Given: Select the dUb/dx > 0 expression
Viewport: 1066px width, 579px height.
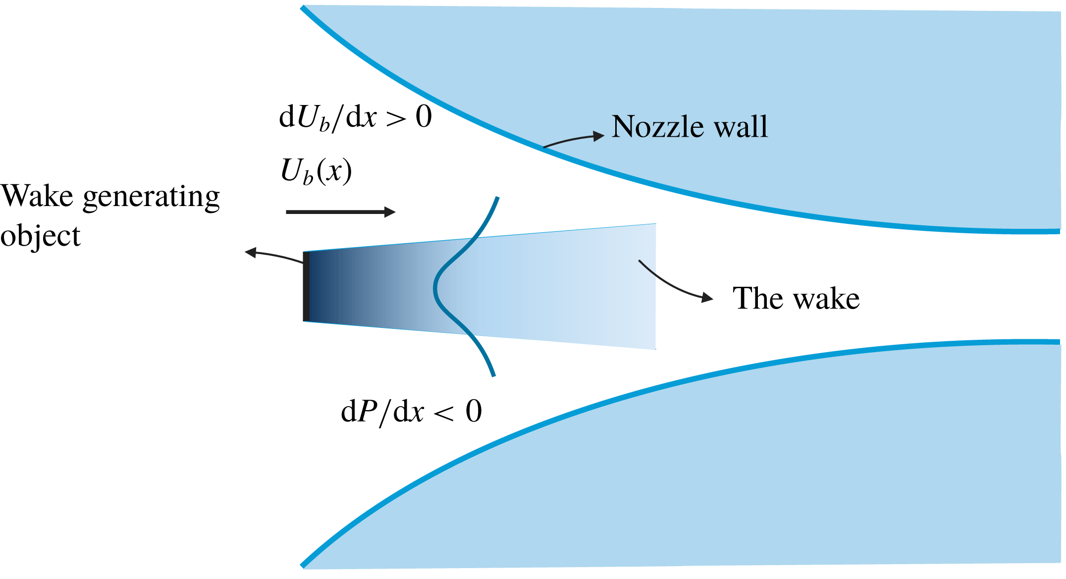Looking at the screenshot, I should pyautogui.click(x=355, y=118).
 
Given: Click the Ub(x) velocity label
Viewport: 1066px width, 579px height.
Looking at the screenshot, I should pyautogui.click(x=316, y=171).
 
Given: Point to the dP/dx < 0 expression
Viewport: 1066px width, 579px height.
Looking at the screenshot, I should pyautogui.click(x=411, y=411).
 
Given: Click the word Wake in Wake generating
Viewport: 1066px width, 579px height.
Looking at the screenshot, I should pyautogui.click(x=37, y=196).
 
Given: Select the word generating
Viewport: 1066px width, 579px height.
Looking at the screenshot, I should pyautogui.click(x=151, y=198).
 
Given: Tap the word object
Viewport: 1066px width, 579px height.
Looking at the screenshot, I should pyautogui.click(x=40, y=237).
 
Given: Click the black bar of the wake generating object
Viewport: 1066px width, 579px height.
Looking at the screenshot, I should pyautogui.click(x=306, y=286).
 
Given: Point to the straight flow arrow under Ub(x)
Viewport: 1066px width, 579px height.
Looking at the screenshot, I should pyautogui.click(x=341, y=212).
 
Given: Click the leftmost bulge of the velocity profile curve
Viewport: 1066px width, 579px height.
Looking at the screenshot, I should pyautogui.click(x=435, y=287).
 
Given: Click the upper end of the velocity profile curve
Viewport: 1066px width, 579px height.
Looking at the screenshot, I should pyautogui.click(x=497, y=199).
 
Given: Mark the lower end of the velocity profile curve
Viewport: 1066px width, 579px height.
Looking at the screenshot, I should pyautogui.click(x=493, y=375).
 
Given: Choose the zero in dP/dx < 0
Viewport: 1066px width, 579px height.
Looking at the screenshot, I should pyautogui.click(x=474, y=411).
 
